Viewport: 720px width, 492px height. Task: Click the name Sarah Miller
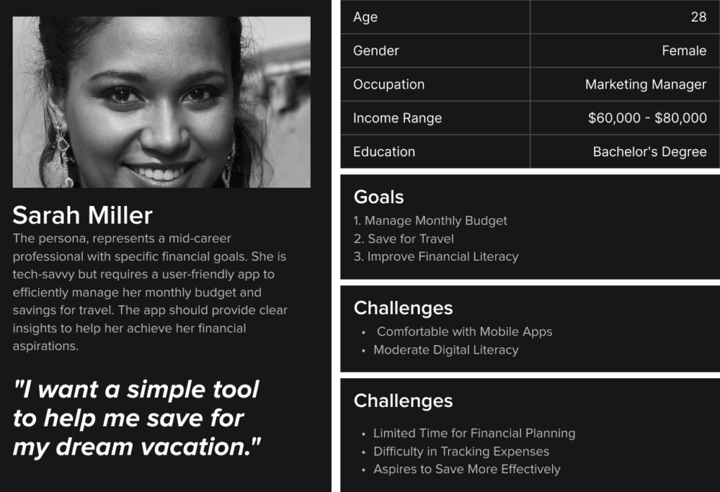click(x=82, y=215)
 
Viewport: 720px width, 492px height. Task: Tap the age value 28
click(x=698, y=17)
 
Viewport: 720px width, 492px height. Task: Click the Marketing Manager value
click(x=645, y=84)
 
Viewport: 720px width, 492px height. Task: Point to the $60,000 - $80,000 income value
click(x=648, y=118)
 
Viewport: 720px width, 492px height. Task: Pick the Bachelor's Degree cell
click(x=650, y=152)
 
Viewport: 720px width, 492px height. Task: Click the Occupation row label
click(x=388, y=84)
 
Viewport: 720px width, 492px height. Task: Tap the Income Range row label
click(x=397, y=118)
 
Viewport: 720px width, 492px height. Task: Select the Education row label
click(x=384, y=152)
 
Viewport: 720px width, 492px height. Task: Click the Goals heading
click(x=378, y=197)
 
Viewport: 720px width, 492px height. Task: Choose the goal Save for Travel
click(x=404, y=239)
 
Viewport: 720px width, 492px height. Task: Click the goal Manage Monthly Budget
click(x=430, y=221)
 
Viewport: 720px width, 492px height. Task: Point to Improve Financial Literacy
click(x=436, y=257)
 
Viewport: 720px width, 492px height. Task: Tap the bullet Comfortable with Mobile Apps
click(x=464, y=332)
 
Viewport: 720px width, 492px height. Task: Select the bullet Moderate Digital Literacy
click(x=446, y=350)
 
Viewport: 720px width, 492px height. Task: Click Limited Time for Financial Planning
click(x=475, y=433)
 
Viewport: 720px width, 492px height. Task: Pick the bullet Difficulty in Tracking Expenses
click(x=461, y=452)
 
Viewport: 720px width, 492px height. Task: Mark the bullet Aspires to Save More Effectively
click(x=467, y=470)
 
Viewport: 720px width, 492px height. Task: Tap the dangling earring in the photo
click(x=62, y=154)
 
